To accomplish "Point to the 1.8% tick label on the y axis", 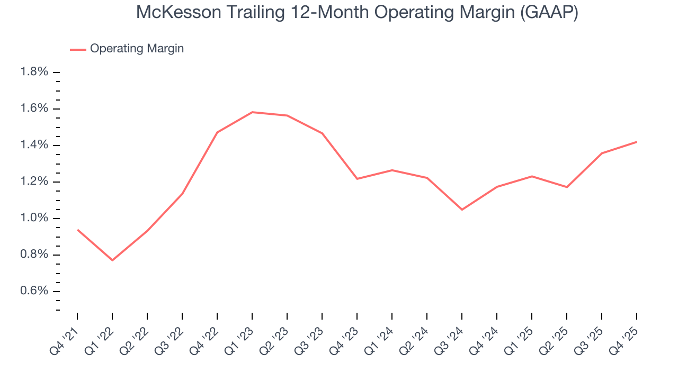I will point(34,72).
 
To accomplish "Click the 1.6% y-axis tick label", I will point(34,108).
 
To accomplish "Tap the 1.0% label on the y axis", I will point(34,219).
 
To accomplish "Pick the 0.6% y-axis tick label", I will point(34,292).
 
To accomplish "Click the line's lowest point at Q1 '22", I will point(112,260).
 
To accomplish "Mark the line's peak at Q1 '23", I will point(252,112).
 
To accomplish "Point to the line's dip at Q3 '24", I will point(462,210).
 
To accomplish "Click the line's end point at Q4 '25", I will point(636,142).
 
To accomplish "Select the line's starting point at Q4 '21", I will point(77,230).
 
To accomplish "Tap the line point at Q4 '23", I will point(357,179).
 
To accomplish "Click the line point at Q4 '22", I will point(217,132).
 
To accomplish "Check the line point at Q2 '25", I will point(567,187).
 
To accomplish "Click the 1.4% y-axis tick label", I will point(34,145).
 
